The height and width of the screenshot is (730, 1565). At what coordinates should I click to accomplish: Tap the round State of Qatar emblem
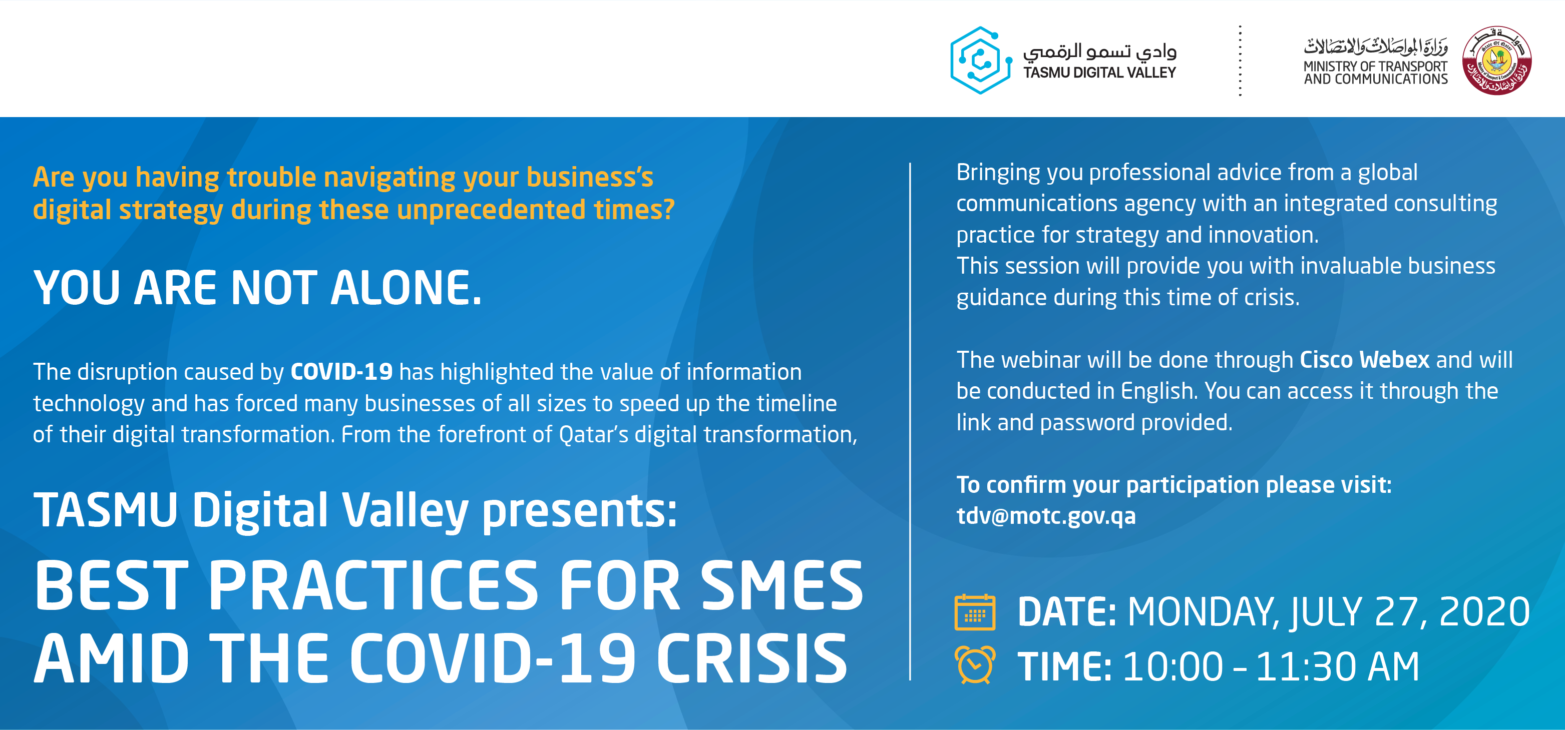pos(1497,60)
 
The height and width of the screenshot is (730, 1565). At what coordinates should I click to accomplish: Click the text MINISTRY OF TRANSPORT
pos(1375,66)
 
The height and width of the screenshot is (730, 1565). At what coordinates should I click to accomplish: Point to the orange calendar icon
pos(975,612)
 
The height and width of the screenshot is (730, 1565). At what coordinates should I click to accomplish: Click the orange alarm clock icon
pos(975,664)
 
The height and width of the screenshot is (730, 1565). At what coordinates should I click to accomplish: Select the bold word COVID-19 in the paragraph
pos(341,372)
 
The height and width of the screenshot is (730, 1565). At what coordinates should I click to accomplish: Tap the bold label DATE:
pos(1067,612)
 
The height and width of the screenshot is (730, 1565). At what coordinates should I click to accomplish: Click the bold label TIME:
pos(1064,667)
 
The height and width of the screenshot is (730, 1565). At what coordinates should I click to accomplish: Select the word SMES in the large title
pos(782,585)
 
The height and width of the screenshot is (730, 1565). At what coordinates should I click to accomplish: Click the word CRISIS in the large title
pos(751,659)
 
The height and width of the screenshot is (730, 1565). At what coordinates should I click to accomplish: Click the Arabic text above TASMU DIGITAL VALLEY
pos(1099,51)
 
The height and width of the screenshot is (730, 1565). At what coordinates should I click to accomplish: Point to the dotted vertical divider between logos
pos(1240,61)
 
